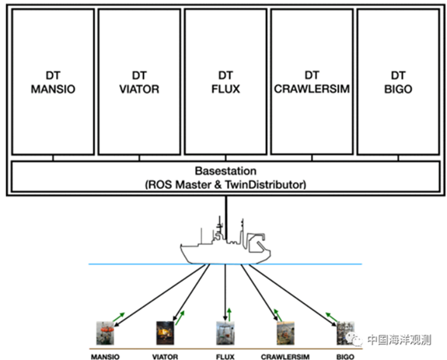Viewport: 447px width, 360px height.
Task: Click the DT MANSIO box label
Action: click(x=53, y=82)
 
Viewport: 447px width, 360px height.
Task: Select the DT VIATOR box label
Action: click(x=139, y=82)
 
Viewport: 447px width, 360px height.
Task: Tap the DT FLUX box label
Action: click(x=225, y=82)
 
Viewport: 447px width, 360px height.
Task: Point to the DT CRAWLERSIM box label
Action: click(x=312, y=82)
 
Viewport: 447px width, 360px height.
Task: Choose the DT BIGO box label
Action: click(x=398, y=82)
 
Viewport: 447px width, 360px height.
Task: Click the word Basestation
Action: click(x=225, y=171)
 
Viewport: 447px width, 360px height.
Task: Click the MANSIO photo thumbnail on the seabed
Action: click(x=105, y=333)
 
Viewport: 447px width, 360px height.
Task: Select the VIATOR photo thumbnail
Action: click(x=165, y=333)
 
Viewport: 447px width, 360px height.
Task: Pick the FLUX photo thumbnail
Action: click(x=225, y=333)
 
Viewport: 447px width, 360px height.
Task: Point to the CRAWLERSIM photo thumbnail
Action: click(x=285, y=333)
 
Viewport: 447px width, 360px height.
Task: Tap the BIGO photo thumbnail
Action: click(x=345, y=333)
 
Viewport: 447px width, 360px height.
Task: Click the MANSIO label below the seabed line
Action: click(x=105, y=357)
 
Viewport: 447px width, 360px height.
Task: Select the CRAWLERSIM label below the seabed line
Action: click(x=285, y=357)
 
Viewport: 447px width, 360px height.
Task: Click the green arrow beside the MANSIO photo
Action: click(x=119, y=317)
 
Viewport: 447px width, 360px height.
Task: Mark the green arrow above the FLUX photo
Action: click(x=229, y=314)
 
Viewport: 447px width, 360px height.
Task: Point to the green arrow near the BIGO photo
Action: click(x=331, y=317)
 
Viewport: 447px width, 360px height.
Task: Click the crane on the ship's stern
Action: click(x=256, y=242)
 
